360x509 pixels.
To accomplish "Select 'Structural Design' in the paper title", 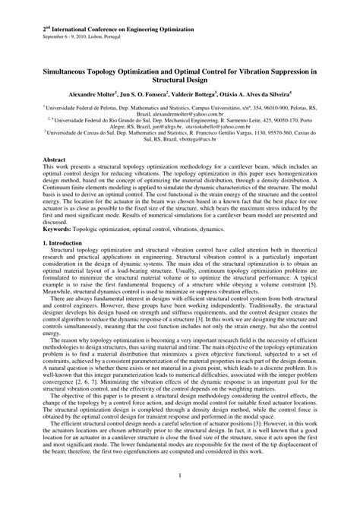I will click(180, 77).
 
